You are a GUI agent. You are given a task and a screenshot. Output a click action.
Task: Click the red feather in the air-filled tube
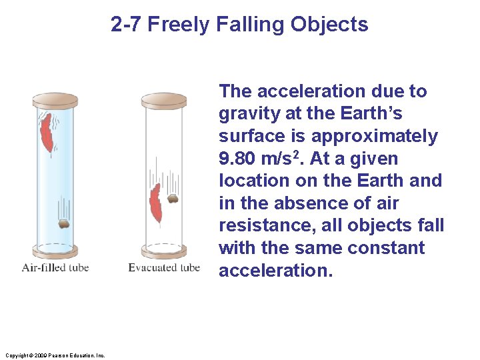(x=46, y=133)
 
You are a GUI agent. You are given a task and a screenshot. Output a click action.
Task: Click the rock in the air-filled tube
(x=63, y=225)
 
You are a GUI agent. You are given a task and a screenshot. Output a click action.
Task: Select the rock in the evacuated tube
(x=172, y=198)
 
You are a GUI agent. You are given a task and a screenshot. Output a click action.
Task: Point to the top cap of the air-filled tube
(x=55, y=101)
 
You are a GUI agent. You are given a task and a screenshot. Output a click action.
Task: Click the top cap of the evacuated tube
(x=163, y=101)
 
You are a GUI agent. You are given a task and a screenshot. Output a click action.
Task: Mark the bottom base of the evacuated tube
(x=163, y=251)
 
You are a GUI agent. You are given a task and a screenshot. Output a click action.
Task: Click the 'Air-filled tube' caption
(x=55, y=268)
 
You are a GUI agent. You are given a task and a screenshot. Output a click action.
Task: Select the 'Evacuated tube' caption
(x=164, y=268)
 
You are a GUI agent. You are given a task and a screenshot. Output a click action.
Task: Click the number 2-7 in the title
(x=127, y=25)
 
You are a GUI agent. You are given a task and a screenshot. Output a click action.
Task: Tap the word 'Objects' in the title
(x=329, y=25)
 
